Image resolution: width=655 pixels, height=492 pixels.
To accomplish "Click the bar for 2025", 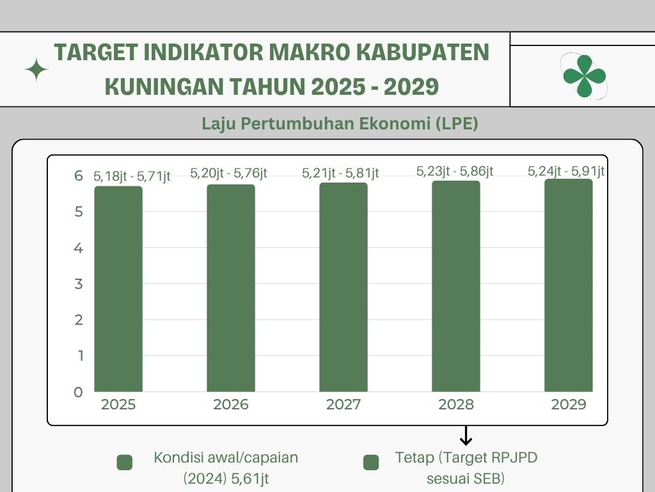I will click(118, 288).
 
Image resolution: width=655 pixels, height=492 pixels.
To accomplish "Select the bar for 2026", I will click(231, 288).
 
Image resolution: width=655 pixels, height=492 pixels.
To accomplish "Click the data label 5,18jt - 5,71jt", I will click(132, 176).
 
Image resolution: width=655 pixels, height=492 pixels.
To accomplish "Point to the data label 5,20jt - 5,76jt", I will click(228, 173).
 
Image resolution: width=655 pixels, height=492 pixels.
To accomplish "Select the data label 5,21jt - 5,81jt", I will click(341, 173).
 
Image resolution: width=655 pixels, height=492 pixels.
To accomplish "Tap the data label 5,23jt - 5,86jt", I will click(455, 171).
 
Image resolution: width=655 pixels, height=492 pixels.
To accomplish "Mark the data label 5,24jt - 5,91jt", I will click(566, 171).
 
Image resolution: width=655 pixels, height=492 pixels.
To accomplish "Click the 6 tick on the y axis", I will click(79, 176).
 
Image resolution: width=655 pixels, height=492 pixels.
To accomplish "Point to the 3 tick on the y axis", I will click(79, 284).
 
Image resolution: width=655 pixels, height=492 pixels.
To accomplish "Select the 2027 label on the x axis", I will click(343, 405).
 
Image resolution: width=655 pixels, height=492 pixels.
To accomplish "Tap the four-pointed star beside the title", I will click(36, 70).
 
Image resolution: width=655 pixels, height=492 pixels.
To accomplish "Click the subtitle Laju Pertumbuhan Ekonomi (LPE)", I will click(340, 124).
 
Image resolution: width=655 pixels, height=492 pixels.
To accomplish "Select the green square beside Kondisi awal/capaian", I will click(125, 463).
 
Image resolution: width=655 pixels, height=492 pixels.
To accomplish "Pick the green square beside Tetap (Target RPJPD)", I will click(370, 463).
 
